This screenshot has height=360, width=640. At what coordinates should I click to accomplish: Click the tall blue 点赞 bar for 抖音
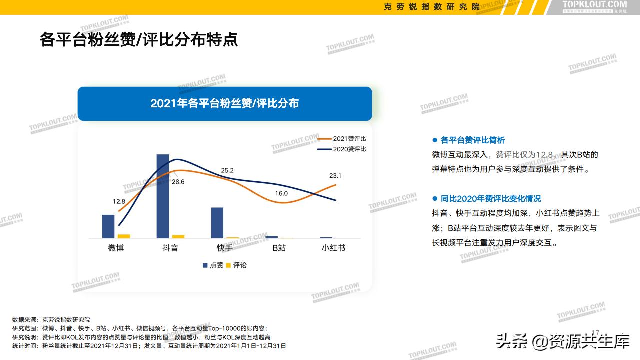click(x=163, y=196)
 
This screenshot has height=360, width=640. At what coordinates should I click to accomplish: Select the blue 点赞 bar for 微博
click(x=108, y=226)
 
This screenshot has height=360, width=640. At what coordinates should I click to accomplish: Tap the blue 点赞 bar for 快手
click(x=217, y=222)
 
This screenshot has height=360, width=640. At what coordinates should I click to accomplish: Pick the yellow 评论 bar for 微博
click(x=124, y=236)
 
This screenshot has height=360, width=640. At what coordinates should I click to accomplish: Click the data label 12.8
click(x=119, y=201)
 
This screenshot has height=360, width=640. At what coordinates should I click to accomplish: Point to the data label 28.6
click(x=178, y=182)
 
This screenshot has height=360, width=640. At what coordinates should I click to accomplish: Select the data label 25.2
click(x=227, y=170)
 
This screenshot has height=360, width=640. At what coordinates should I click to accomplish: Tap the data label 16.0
click(x=281, y=193)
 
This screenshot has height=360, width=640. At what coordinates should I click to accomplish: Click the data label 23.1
click(x=335, y=175)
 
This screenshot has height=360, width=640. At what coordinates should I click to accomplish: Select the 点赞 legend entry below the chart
click(x=213, y=265)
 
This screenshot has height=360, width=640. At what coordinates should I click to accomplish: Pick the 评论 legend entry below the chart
click(x=237, y=265)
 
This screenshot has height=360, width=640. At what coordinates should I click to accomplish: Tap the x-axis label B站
click(x=279, y=248)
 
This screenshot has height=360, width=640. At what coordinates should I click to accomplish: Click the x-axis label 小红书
click(x=333, y=248)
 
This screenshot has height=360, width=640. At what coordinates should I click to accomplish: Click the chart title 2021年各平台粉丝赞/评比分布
click(x=225, y=103)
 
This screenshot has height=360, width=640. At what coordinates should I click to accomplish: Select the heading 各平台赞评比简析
click(x=472, y=140)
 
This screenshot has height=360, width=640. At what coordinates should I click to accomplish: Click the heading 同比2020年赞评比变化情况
click(x=490, y=199)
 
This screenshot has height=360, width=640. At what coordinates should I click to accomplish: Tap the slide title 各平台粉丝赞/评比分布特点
click(x=139, y=40)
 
